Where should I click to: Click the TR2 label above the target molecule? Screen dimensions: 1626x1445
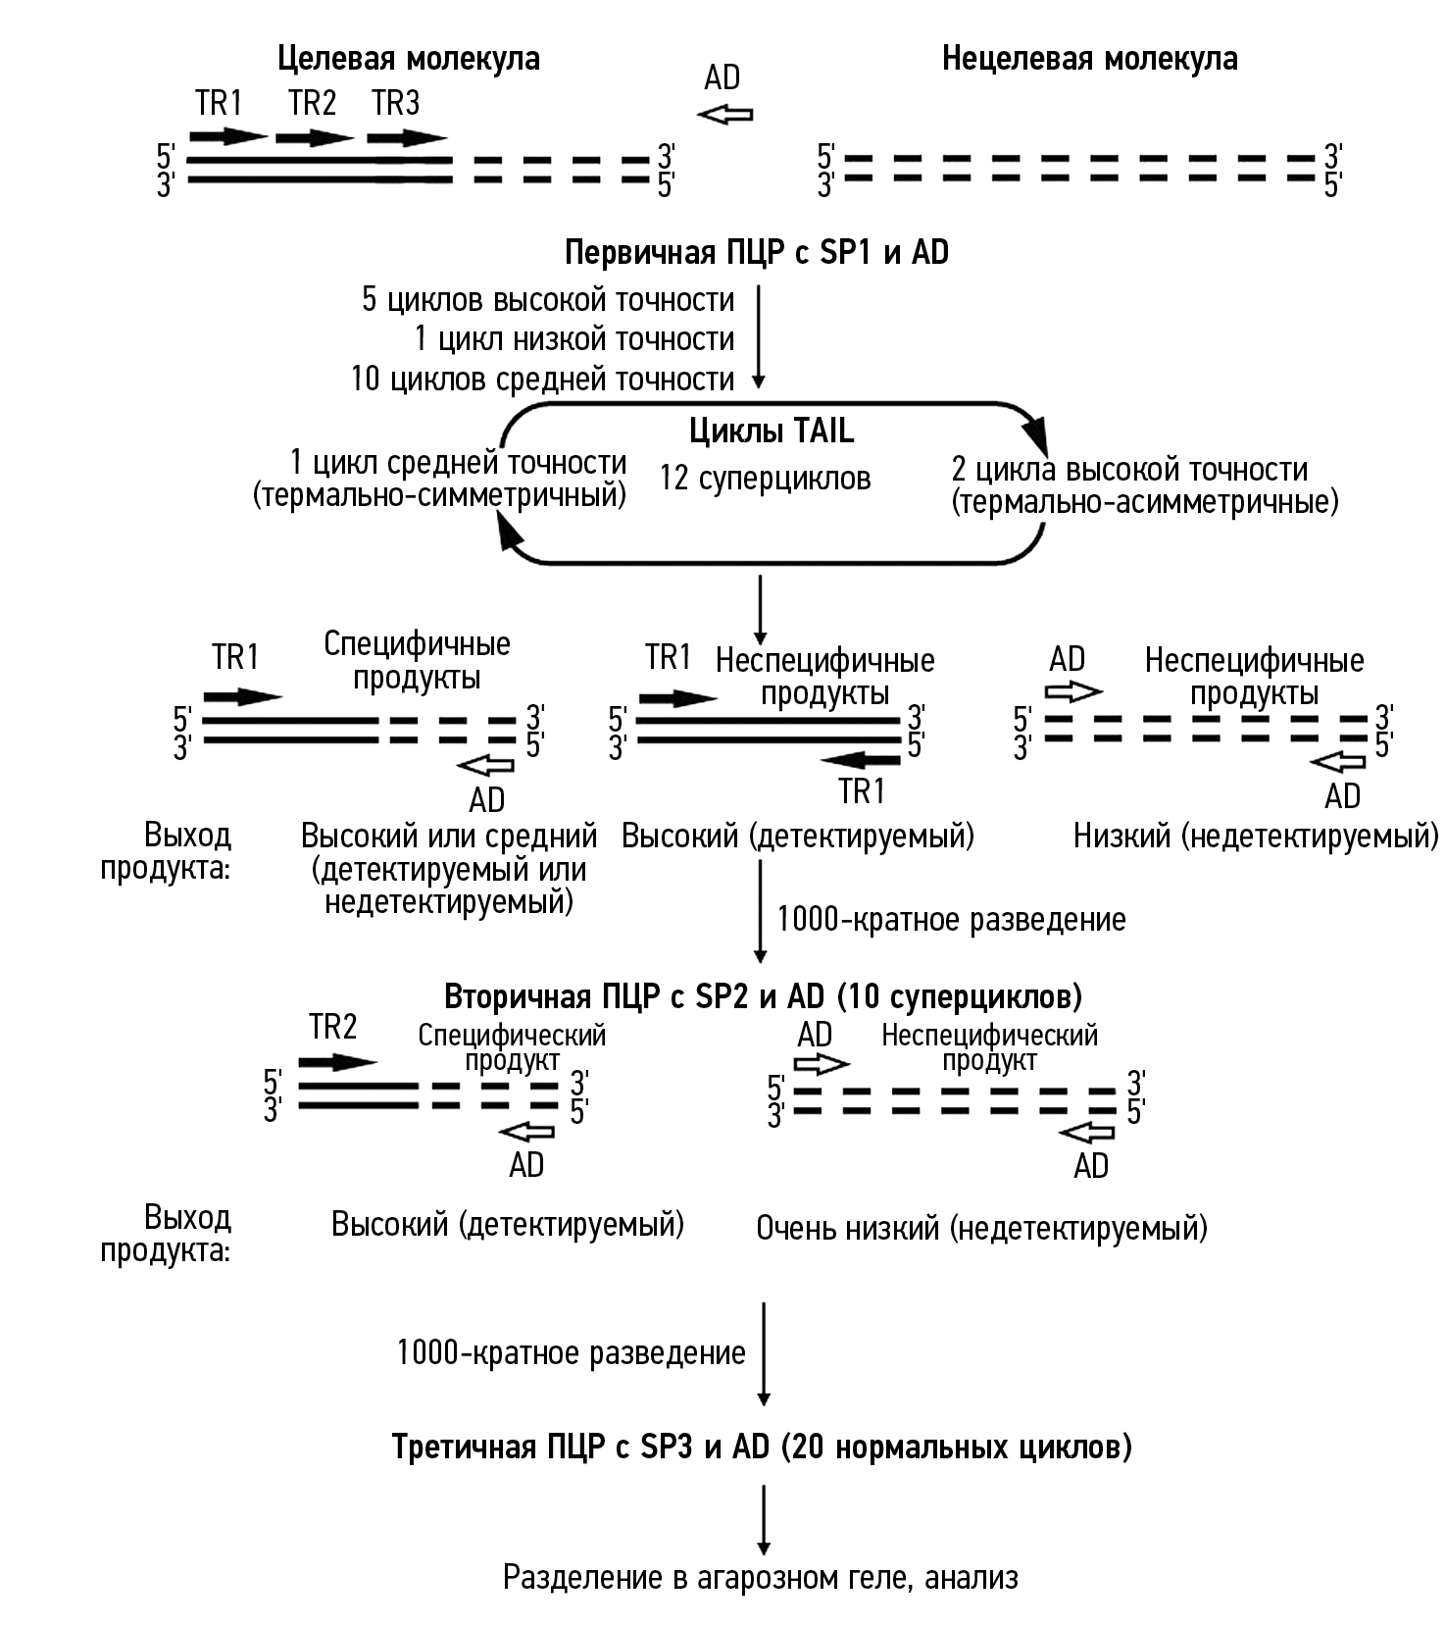[x=313, y=102]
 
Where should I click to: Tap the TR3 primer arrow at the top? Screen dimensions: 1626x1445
[x=407, y=137]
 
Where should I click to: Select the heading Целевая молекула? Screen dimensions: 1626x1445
[x=408, y=59]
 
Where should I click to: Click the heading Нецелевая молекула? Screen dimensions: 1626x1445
[x=1089, y=59]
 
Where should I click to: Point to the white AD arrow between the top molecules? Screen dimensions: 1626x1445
[x=724, y=115]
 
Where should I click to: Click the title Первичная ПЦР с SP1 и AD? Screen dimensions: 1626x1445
[x=757, y=253]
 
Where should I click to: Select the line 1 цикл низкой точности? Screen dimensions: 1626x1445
[x=573, y=339]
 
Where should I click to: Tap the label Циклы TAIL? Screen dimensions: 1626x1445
[x=771, y=431]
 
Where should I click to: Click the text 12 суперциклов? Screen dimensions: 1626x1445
[x=765, y=479]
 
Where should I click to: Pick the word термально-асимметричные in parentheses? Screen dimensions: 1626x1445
[x=1144, y=503]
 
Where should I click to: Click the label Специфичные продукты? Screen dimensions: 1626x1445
[x=417, y=660]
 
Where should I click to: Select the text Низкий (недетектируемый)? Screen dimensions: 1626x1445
[x=1256, y=837]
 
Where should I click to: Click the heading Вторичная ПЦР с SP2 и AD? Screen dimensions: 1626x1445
[x=764, y=996]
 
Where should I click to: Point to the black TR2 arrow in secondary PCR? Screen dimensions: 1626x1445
[x=337, y=1062]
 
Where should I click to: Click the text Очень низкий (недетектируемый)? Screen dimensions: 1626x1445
[x=981, y=1228]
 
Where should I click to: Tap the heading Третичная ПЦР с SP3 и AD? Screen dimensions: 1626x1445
[x=762, y=1448]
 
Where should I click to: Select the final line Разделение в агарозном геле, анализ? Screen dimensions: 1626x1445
[x=760, y=1577]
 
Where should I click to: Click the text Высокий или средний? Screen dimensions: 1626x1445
[x=449, y=837]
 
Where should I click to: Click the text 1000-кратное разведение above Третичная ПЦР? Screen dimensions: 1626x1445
[x=571, y=1353]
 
